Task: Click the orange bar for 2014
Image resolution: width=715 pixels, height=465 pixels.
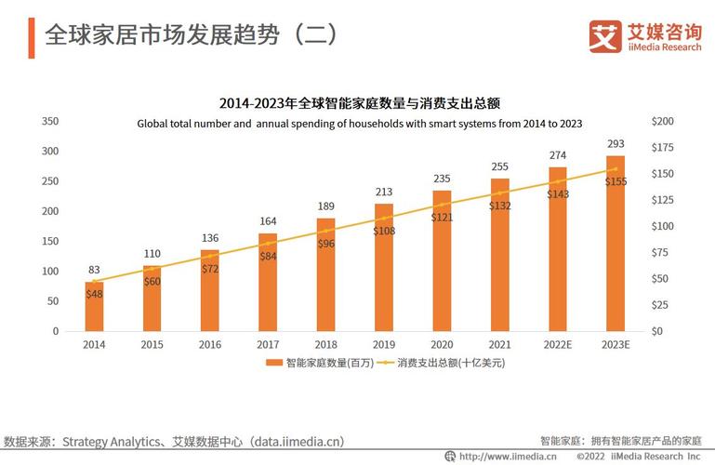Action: [x=94, y=306]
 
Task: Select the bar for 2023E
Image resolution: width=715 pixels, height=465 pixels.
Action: [x=616, y=244]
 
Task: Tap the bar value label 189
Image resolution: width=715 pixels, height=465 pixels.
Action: [x=325, y=206]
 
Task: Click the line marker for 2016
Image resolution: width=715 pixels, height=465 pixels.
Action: [x=210, y=256]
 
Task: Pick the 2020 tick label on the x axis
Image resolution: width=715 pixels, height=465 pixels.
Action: [x=442, y=344]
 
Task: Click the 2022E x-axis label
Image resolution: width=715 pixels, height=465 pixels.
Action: [x=557, y=344]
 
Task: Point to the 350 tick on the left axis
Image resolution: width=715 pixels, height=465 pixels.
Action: [x=50, y=121]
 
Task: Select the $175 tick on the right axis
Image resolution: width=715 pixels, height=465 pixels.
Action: [x=663, y=147]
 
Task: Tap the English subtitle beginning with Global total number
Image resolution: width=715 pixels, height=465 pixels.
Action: [x=360, y=123]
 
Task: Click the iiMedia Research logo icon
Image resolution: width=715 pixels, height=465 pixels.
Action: [x=605, y=37]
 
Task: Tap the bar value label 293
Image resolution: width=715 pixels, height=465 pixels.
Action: [x=616, y=144]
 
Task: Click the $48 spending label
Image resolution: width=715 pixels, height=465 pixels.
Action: [x=94, y=293]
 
